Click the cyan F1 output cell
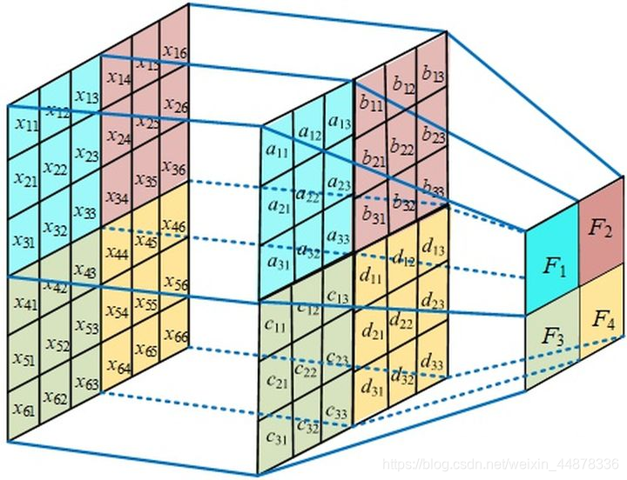[555, 266]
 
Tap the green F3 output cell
[552, 337]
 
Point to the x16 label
[174, 53]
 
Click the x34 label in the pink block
[116, 198]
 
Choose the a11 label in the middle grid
[278, 151]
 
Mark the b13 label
[432, 75]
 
